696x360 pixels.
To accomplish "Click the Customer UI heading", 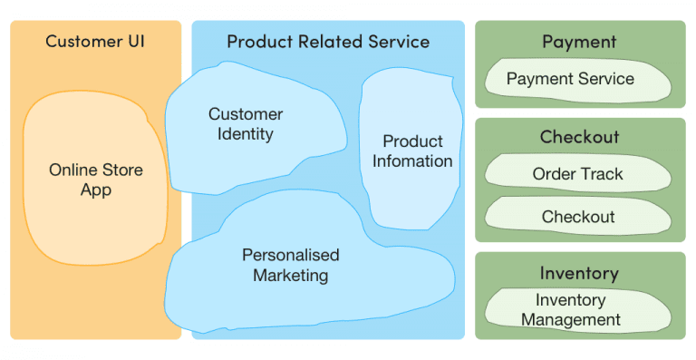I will (95, 42).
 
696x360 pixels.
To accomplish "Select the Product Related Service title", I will (328, 42).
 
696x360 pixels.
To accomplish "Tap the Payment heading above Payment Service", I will (579, 42).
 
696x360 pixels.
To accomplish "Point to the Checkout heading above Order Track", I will (579, 137).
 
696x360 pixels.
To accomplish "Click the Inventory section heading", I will (579, 273).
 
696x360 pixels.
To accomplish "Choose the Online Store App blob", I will (95, 180).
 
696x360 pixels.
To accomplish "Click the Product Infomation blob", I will (412, 151).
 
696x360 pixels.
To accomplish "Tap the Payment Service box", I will (570, 79).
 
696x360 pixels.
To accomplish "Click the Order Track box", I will (577, 174).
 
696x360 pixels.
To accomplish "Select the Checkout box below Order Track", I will (577, 217).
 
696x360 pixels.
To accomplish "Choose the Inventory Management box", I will (570, 309).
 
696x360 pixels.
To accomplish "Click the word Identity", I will (246, 134).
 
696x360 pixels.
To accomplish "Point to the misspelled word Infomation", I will (412, 161).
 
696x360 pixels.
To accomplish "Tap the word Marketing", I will (290, 276).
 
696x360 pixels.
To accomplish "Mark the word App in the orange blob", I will (95, 190).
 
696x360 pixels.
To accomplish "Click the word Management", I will (570, 319).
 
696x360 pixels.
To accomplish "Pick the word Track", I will (602, 174).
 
